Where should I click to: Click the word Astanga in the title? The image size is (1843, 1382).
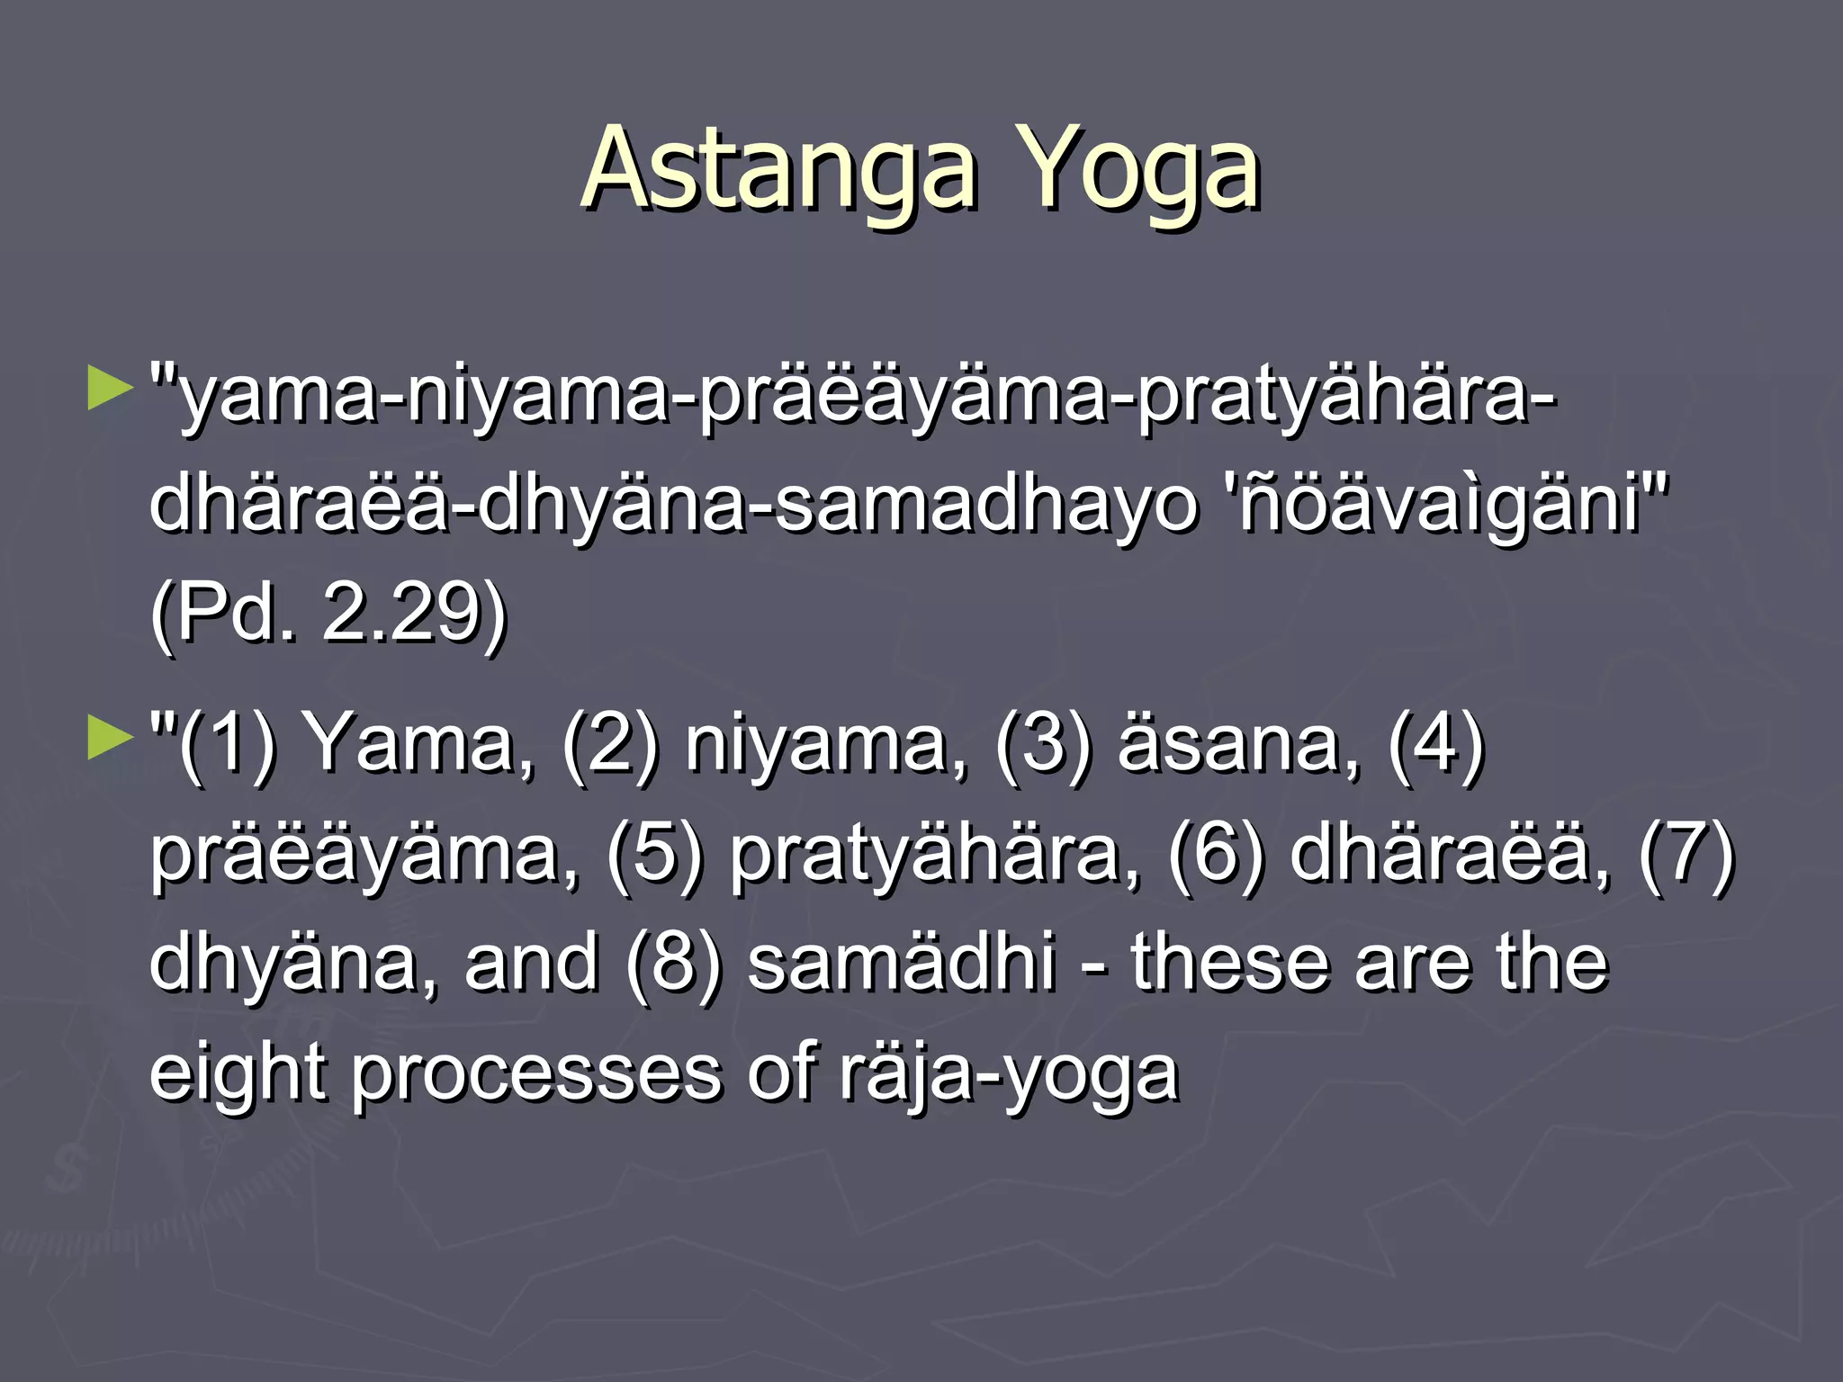pos(779,169)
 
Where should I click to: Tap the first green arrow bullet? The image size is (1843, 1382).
pos(110,389)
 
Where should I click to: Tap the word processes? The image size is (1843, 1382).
pos(536,1072)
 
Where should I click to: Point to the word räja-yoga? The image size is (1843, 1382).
pos(1008,1072)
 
